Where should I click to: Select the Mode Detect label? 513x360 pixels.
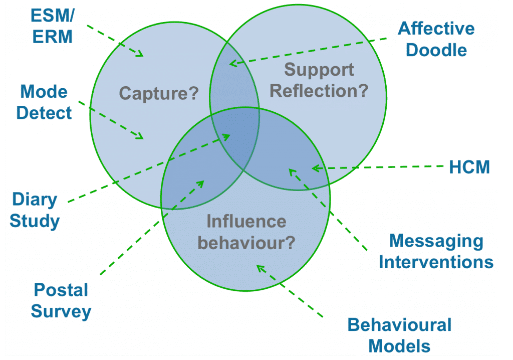click(x=44, y=102)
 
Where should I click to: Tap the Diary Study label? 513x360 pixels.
click(x=35, y=210)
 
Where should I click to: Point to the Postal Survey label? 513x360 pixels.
click(x=61, y=301)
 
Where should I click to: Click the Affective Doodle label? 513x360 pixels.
click(x=436, y=39)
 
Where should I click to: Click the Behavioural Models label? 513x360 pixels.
click(x=399, y=335)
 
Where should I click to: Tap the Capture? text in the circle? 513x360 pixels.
click(x=158, y=93)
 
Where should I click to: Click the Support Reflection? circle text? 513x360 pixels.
click(x=319, y=80)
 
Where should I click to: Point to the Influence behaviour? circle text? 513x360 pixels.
click(x=246, y=232)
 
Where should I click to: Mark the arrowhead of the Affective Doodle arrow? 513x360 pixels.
click(x=231, y=63)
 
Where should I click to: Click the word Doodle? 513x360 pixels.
click(x=436, y=50)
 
